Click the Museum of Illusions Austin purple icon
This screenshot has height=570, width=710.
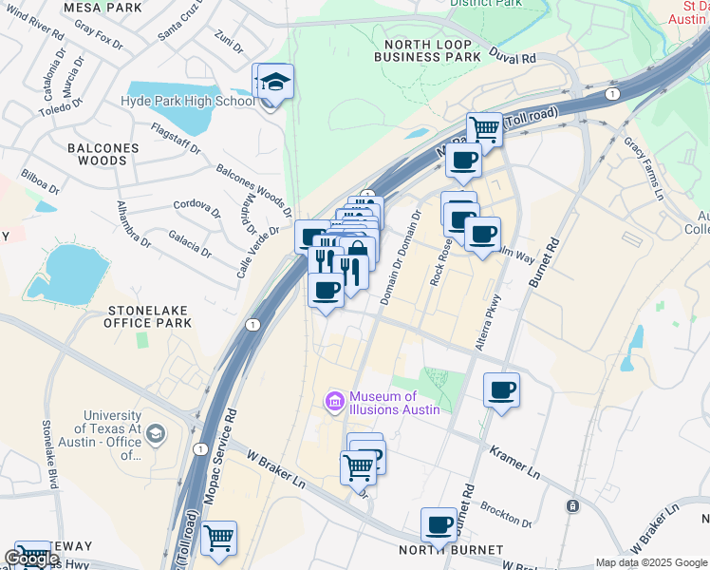click(333, 402)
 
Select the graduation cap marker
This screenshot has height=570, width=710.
click(275, 82)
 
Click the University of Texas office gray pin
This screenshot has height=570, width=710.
click(155, 434)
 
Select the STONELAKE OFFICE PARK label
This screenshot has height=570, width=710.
click(150, 316)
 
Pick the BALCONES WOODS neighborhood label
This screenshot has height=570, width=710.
click(103, 155)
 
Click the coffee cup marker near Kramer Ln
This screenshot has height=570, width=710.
click(501, 389)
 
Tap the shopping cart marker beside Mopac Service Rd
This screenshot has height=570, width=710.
click(219, 538)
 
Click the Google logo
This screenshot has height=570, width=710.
click(32, 559)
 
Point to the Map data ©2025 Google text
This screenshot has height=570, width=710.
click(651, 562)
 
